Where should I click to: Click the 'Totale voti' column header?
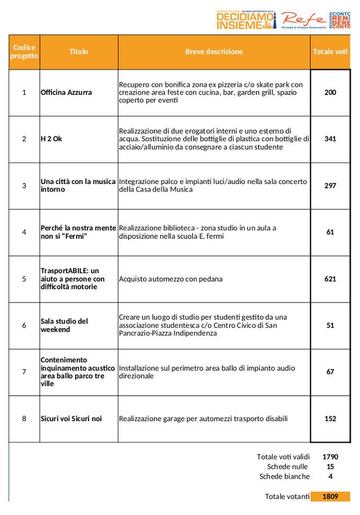coord(330,52)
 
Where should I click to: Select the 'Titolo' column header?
coord(78,52)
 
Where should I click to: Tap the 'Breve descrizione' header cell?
coord(214,52)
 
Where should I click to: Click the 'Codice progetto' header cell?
coord(24,52)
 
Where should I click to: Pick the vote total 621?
coord(330,279)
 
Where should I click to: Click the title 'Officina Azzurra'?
coord(67,92)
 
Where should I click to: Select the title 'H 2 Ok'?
coord(52,139)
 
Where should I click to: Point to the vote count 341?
coord(330,139)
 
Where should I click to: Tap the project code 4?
coord(24,232)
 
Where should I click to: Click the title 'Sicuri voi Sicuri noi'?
coord(71,418)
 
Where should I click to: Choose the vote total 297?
coord(330,186)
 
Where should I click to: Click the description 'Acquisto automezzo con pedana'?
coord(171,279)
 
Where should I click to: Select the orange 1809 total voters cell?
coord(330,496)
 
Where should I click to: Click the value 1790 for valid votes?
coord(330,457)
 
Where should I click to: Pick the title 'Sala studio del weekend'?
coord(64,325)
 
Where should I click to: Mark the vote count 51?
coord(330,325)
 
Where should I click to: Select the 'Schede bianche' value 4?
coord(330,476)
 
